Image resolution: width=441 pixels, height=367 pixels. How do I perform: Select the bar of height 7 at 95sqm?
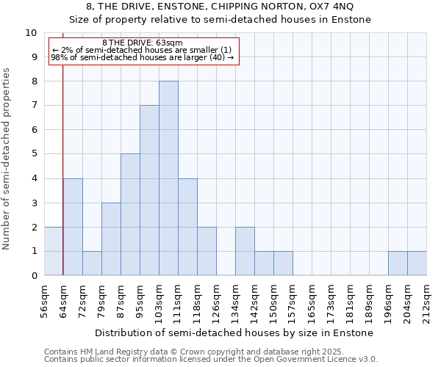pyautogui.click(x=149, y=190)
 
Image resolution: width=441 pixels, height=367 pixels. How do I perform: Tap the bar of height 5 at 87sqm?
pyautogui.click(x=130, y=214)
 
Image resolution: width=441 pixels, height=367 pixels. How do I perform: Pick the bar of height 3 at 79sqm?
pyautogui.click(x=111, y=239)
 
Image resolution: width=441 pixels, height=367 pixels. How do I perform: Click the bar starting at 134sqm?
pyautogui.click(x=245, y=251)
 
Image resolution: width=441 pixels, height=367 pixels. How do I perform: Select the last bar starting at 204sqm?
pyautogui.click(x=417, y=264)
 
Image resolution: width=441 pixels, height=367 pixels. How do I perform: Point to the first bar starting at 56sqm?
pyautogui.click(x=54, y=251)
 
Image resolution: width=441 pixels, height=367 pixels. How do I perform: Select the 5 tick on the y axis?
pyautogui.click(x=34, y=154)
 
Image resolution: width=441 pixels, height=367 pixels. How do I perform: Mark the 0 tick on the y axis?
pyautogui.click(x=34, y=276)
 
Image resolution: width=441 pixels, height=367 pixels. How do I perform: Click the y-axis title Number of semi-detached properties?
pyautogui.click(x=7, y=159)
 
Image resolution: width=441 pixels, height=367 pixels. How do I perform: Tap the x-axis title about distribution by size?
pyautogui.click(x=234, y=333)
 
